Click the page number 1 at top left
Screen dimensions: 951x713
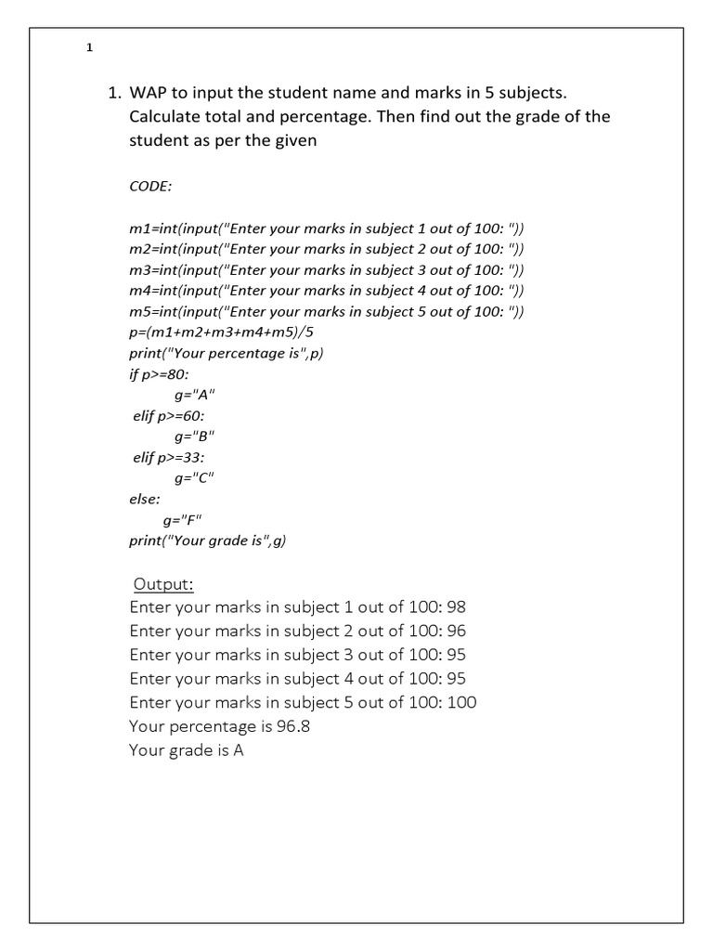pyautogui.click(x=89, y=48)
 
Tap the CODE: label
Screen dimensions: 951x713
pyautogui.click(x=150, y=186)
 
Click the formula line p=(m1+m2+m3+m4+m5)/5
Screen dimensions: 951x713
pyautogui.click(x=228, y=332)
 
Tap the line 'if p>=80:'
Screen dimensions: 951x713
pyautogui.click(x=159, y=374)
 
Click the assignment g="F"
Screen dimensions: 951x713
pyautogui.click(x=182, y=520)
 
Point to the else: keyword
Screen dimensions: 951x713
pyautogui.click(x=145, y=500)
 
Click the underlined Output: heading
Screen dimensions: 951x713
pyautogui.click(x=164, y=584)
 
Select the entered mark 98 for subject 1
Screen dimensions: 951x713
pyautogui.click(x=456, y=608)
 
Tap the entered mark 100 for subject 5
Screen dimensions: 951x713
pyautogui.click(x=461, y=702)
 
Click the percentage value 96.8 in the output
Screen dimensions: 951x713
pyautogui.click(x=292, y=726)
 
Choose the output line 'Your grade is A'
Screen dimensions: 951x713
pyautogui.click(x=187, y=750)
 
